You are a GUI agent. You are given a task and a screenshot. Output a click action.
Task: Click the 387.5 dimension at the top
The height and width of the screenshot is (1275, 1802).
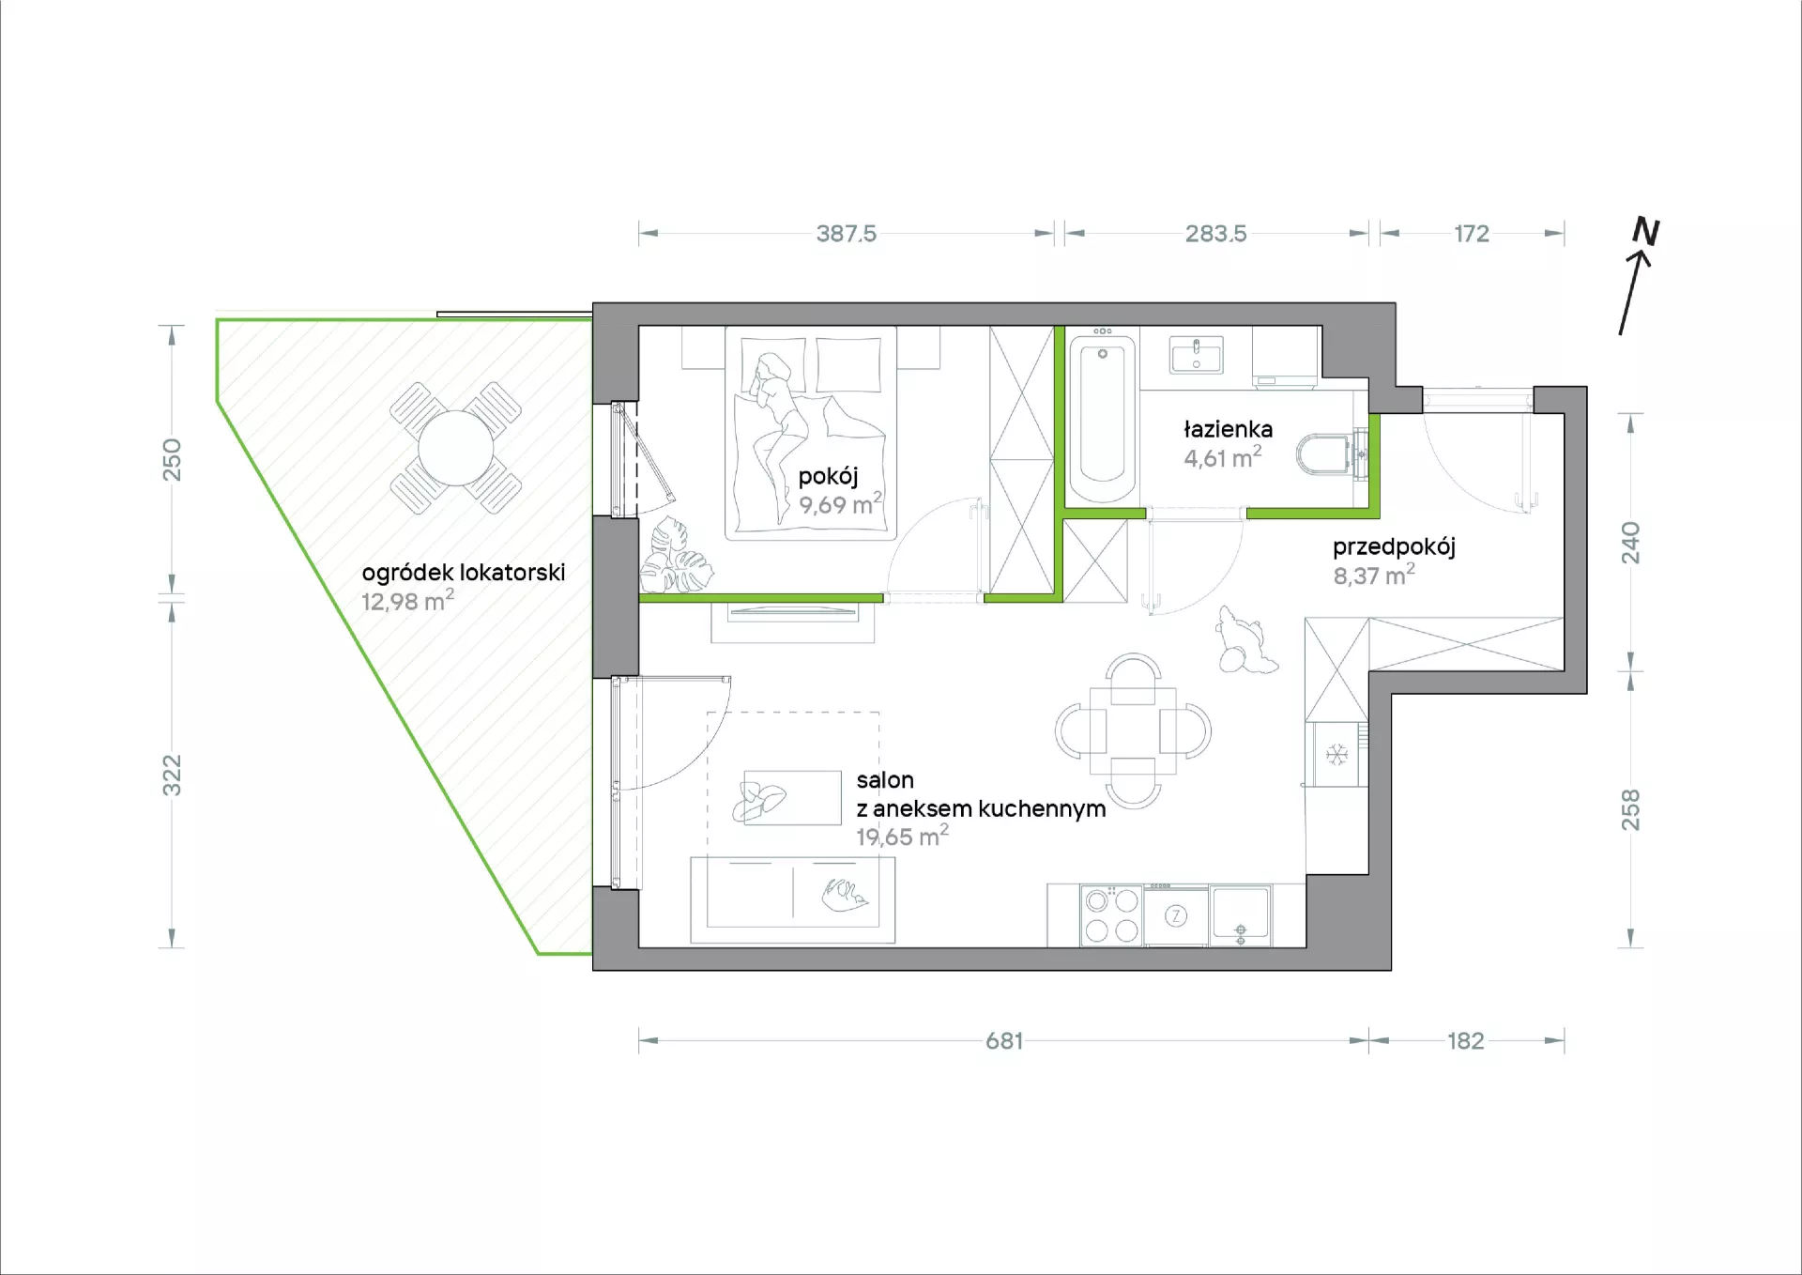coord(846,233)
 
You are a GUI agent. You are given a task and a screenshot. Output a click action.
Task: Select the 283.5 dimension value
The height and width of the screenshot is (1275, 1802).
coord(1215,233)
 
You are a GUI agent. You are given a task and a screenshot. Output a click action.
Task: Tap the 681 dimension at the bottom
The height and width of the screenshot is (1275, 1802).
coord(1004,1040)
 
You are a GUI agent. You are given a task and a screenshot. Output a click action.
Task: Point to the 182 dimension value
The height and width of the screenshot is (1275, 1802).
coord(1465,1040)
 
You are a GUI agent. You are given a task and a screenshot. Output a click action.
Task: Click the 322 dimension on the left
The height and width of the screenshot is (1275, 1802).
coord(172,776)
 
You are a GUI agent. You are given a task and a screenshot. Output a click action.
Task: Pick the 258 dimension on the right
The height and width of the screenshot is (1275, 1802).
coord(1631,809)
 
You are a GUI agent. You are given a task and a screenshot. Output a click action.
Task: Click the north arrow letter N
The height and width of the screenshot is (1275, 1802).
coord(1645,231)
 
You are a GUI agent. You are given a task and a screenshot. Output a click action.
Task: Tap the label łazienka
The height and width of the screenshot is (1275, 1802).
coord(1228,429)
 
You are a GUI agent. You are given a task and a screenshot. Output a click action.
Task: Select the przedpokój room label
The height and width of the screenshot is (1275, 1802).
coord(1394,547)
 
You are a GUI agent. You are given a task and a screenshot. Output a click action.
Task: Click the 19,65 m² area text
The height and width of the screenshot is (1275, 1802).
coord(902,836)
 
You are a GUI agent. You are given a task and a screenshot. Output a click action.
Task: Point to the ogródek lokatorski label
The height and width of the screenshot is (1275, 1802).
coord(464,573)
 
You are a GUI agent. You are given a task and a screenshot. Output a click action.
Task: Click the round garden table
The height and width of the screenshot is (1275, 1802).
coord(455,448)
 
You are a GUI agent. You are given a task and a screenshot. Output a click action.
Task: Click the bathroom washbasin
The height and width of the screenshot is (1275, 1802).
coord(1197,355)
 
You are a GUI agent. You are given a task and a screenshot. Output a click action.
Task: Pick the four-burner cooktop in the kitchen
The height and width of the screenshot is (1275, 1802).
coord(1111,915)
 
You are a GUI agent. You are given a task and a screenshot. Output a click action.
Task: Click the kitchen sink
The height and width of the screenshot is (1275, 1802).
coord(1240,915)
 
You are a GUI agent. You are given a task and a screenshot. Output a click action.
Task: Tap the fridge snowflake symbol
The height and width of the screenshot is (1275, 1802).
coord(1336,754)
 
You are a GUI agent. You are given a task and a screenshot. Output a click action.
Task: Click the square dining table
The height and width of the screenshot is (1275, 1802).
coord(1133,730)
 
